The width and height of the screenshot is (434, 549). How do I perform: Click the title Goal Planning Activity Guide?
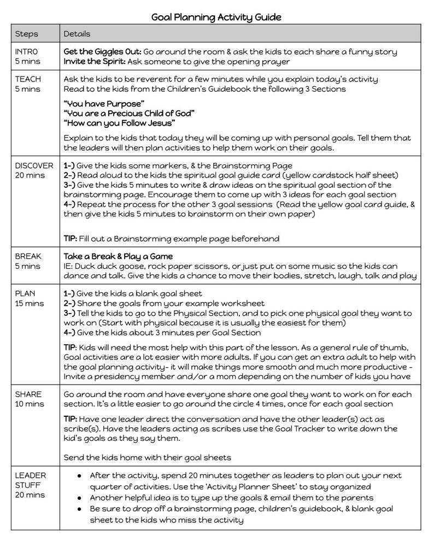coord(216,17)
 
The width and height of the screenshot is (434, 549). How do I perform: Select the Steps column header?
coord(26,34)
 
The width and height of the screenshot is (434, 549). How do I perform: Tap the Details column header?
coord(77,34)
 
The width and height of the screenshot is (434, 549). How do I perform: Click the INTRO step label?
coord(27,52)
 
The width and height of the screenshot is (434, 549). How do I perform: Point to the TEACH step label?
coord(28,79)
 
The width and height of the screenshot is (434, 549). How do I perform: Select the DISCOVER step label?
coord(34,166)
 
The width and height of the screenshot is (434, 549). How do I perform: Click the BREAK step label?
coord(28,256)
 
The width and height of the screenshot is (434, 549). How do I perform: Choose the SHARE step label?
coord(28,394)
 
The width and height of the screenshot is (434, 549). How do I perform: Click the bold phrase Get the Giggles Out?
coord(103,52)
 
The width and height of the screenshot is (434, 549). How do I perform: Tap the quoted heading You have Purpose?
coord(104,103)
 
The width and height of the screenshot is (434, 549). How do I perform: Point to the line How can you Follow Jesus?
coord(119,122)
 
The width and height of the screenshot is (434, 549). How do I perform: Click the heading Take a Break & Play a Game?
coord(118,256)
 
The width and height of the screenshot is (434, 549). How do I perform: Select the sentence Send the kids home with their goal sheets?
coord(148,457)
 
